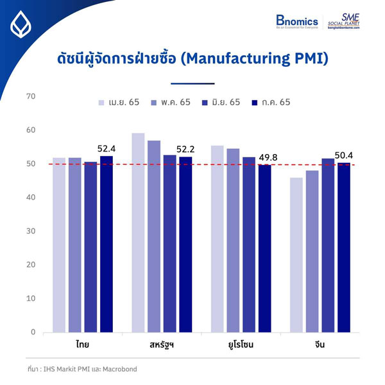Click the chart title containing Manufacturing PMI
click(193, 59)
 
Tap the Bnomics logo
click(296, 23)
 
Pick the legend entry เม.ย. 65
click(119, 102)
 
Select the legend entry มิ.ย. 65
click(221, 102)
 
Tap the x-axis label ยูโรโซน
click(240, 345)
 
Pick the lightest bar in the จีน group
click(296, 255)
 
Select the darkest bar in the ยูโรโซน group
click(264, 248)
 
